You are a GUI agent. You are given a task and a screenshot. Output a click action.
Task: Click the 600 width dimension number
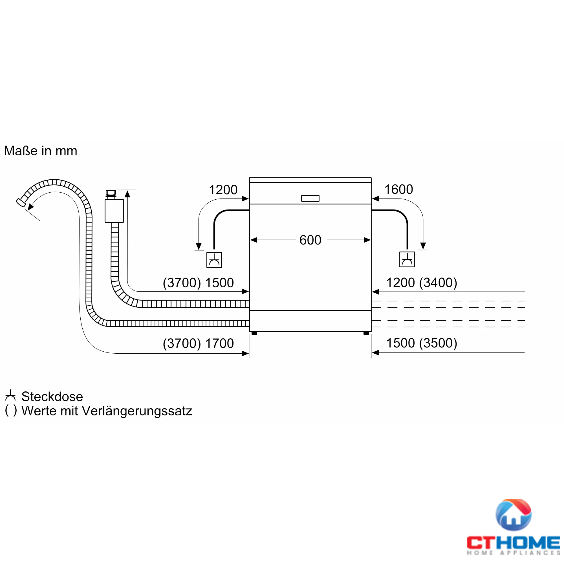(310, 240)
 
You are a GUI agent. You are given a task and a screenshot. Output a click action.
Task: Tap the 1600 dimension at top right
(398, 190)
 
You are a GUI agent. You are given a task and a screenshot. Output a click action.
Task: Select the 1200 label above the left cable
(223, 190)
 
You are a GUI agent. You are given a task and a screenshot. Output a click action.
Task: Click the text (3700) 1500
(198, 283)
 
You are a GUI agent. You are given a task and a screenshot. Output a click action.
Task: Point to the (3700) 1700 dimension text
(198, 343)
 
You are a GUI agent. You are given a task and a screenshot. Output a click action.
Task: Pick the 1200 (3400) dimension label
(422, 282)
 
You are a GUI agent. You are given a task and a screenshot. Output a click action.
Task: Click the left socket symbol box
(214, 260)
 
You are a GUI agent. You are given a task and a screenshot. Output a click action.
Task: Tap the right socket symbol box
(407, 259)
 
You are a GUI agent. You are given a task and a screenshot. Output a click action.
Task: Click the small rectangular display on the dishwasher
(310, 199)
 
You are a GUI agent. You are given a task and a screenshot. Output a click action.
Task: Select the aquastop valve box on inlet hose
(114, 211)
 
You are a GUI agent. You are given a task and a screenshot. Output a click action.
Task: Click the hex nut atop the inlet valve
(111, 193)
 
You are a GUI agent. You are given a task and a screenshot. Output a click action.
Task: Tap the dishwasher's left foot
(254, 333)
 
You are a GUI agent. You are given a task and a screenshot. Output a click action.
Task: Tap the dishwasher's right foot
(366, 333)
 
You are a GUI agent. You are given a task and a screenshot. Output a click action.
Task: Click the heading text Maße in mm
(41, 151)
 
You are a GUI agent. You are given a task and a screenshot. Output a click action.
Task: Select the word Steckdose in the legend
(52, 396)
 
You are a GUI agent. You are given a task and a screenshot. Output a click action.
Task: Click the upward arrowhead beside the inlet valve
(127, 193)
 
